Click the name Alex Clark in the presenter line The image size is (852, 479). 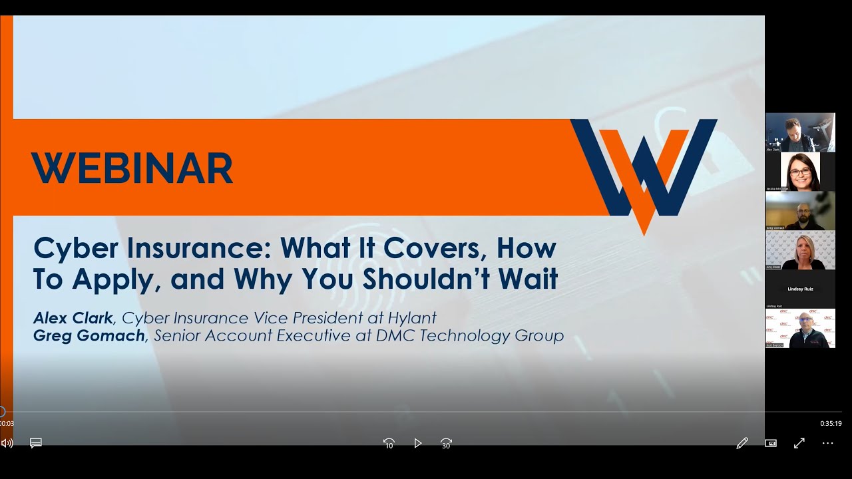pos(73,318)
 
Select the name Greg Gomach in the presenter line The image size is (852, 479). pos(89,335)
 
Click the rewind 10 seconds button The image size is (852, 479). pos(389,443)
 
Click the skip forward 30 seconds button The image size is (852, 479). pos(447,443)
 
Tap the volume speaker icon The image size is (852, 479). pos(7,443)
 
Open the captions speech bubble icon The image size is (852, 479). pos(36,443)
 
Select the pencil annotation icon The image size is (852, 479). pos(742,443)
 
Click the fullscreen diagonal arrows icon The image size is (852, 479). pos(799,443)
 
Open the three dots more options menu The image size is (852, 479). pos(827,443)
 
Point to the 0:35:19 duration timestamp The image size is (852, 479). pos(830,423)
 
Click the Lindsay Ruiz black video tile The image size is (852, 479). pos(800,289)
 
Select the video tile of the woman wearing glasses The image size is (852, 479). pos(800,172)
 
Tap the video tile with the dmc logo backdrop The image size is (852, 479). pos(800,328)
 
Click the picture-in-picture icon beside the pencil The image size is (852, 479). pos(771,443)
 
